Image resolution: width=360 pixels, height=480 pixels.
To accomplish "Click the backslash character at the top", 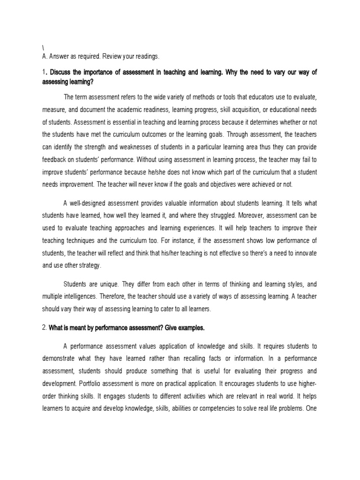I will pos(43,48).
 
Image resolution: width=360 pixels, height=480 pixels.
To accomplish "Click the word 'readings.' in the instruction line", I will pos(146,57).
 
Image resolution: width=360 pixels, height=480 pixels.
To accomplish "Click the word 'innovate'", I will pos(304,253).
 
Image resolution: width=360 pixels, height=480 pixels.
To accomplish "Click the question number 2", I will pos(44,328).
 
